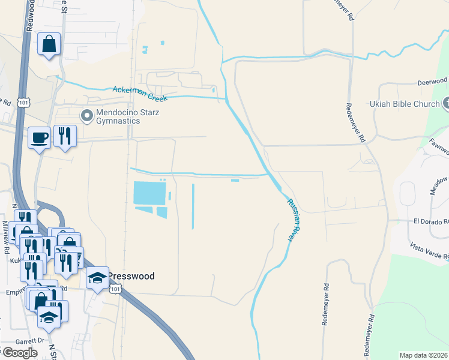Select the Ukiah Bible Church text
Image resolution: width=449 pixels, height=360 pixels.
coord(406,104)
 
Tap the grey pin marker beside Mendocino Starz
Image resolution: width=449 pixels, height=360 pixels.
coord(87,114)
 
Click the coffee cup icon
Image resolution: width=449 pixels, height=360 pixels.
coord(40,137)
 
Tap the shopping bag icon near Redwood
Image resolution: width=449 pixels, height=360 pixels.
coord(49,44)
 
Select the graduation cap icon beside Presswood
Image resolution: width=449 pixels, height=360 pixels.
coord(98,277)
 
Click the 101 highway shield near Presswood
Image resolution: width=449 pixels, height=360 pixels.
coord(115,289)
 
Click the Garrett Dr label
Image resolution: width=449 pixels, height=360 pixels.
coord(32,340)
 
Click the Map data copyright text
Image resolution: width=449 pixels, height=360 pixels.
coord(424,355)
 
